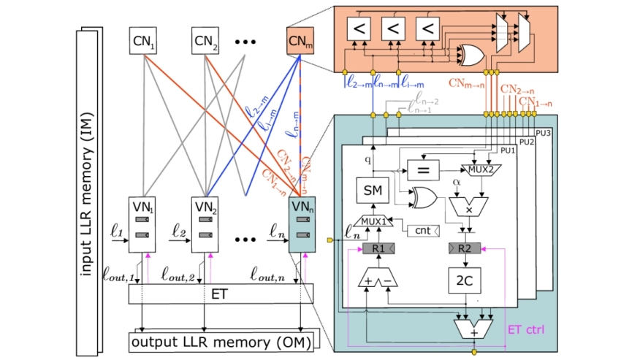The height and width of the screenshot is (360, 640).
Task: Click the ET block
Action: (216, 295)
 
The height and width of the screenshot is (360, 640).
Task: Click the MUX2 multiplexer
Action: (479, 170)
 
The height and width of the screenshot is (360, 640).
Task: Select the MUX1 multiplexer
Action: (373, 221)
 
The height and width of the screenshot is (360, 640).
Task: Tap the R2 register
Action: (465, 249)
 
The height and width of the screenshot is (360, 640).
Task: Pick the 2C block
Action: (465, 280)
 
